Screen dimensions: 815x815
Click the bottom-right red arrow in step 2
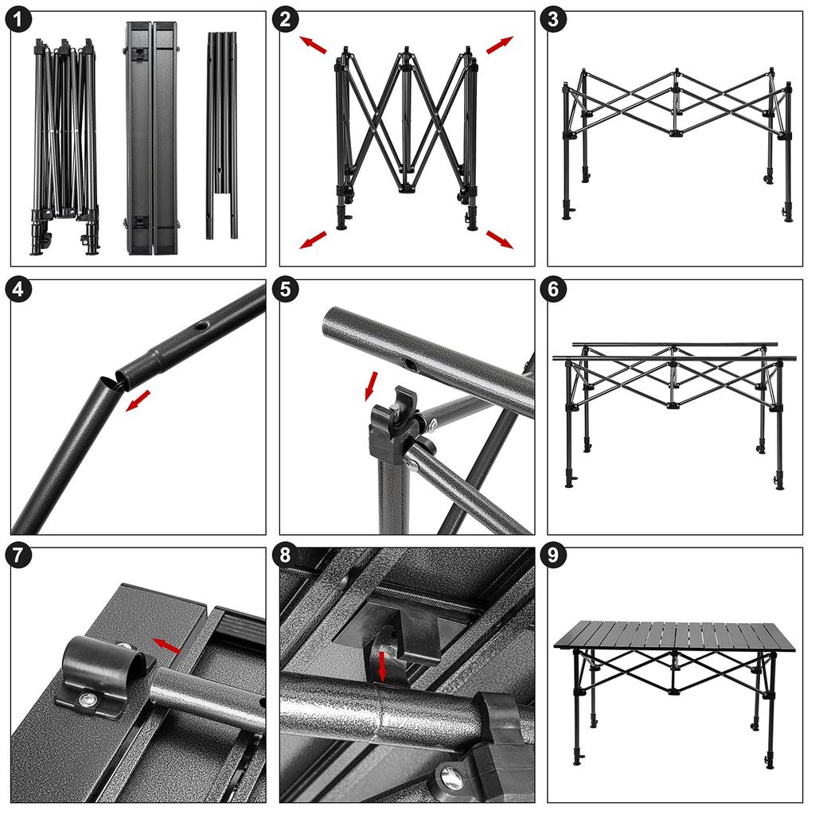click(500, 239)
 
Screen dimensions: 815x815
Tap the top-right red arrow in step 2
click(500, 45)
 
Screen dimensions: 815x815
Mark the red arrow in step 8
click(382, 665)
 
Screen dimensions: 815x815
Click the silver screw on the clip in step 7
click(84, 699)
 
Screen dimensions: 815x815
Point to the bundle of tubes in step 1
click(222, 135)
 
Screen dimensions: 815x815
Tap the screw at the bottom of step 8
click(451, 778)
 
